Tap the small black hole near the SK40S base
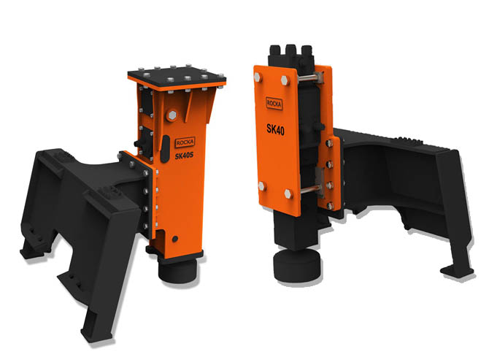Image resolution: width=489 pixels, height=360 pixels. click(x=176, y=239)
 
